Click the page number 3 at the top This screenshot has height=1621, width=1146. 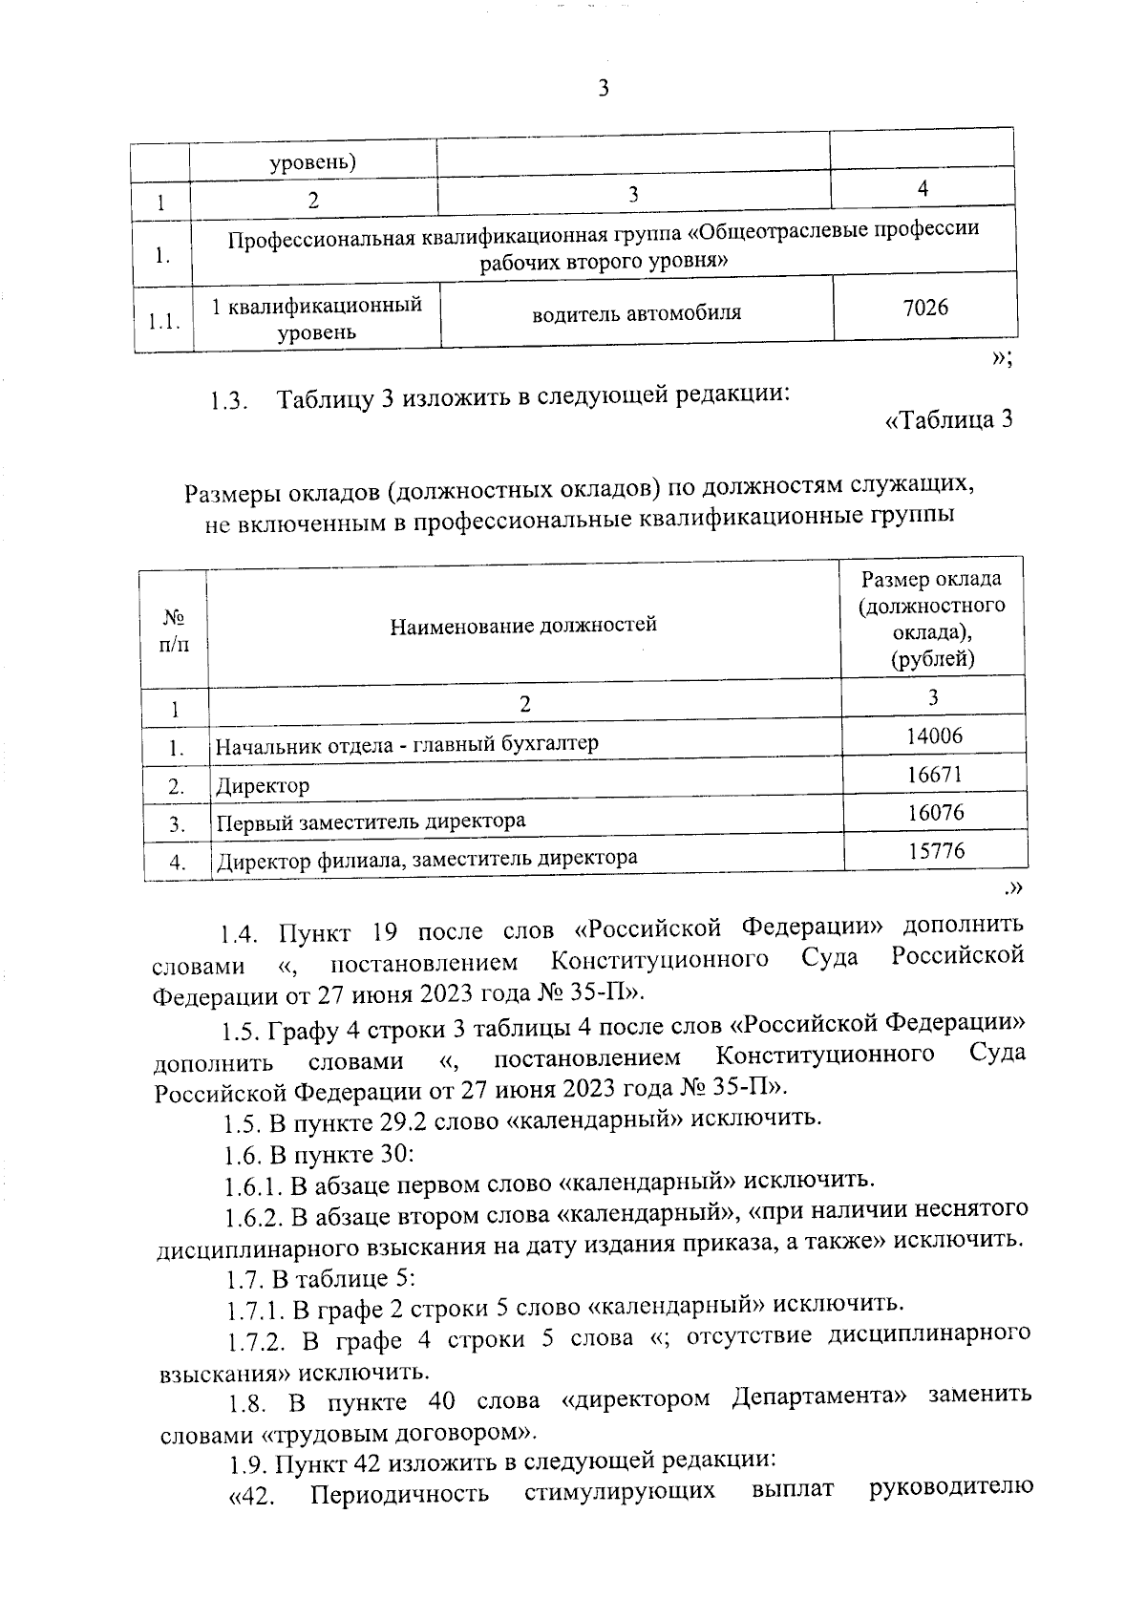coord(603,89)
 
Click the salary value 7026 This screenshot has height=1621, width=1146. coord(925,308)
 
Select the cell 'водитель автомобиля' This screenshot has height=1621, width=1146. coord(636,313)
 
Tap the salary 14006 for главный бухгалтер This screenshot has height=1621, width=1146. coord(935,736)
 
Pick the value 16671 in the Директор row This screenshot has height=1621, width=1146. coord(935,775)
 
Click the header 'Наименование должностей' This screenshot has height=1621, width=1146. coord(523,626)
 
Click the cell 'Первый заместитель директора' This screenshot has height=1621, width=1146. coord(371,822)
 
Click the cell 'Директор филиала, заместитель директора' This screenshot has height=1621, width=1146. coord(427,860)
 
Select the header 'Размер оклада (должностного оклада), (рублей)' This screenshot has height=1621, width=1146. coord(932,619)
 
